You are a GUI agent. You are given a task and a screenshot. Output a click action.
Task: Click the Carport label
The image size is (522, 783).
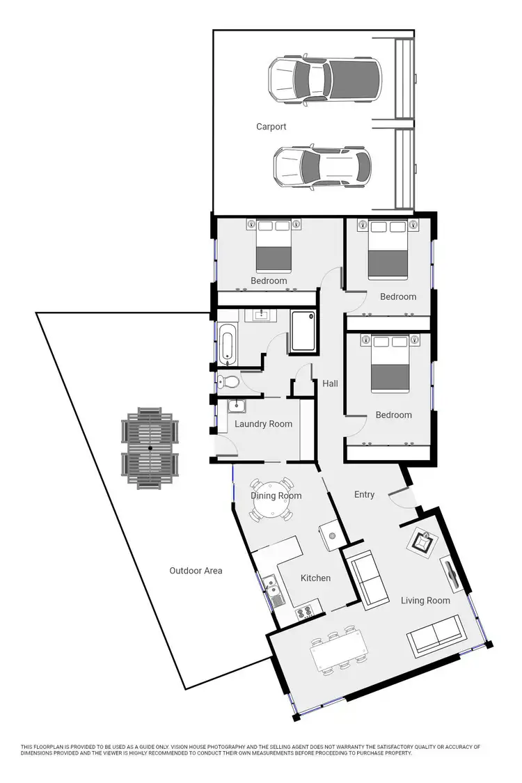[x=271, y=127]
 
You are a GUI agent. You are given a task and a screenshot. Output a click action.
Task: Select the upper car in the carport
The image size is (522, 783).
[x=325, y=79]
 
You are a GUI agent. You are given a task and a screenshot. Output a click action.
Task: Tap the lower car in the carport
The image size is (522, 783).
[x=322, y=168]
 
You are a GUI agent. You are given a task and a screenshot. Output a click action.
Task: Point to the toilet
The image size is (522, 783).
[x=227, y=381]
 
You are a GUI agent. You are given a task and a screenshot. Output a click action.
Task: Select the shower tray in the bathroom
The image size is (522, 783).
[x=303, y=331]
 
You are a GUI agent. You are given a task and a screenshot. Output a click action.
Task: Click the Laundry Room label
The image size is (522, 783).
[x=263, y=424]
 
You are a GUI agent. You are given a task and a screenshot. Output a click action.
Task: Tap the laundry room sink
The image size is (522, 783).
[x=237, y=407]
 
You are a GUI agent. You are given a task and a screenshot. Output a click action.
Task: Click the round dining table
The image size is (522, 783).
[x=271, y=500]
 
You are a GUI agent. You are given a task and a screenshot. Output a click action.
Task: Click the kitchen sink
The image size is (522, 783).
[x=273, y=589]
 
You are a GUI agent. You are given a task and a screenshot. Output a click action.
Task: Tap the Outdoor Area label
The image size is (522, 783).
[x=196, y=571]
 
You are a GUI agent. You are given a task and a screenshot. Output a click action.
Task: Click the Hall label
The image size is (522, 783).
[x=330, y=383]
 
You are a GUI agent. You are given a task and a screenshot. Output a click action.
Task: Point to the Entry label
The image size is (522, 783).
[x=364, y=495]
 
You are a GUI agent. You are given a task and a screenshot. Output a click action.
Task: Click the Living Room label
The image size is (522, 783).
[x=425, y=600]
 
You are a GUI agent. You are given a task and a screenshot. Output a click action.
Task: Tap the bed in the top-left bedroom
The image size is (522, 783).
[x=272, y=248]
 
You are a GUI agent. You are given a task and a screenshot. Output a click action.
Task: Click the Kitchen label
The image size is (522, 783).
[x=315, y=578]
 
